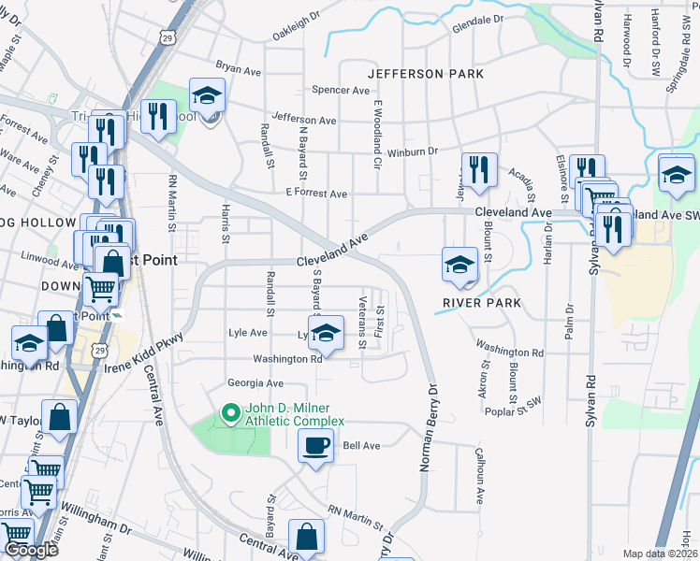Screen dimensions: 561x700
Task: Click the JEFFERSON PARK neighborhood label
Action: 426,73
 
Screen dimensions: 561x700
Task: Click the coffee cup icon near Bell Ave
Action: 315,445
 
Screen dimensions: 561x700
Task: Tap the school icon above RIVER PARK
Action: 460,265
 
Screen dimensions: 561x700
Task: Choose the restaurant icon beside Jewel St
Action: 478,169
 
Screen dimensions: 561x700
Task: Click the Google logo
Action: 31,550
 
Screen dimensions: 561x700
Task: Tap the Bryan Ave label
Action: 239,68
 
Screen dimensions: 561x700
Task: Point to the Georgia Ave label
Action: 255,383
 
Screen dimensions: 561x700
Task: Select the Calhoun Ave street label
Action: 477,476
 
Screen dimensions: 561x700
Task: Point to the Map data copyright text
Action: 661,554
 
